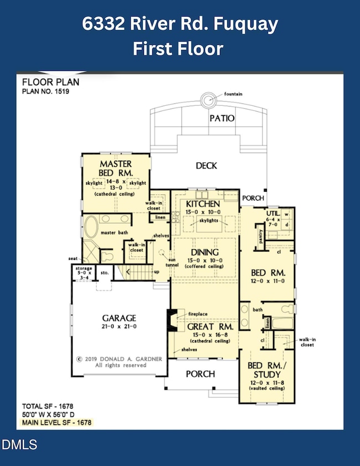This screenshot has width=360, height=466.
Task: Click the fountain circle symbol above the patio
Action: [210, 100]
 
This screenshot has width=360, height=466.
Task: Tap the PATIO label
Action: [222, 118]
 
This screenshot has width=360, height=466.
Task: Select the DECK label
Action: [206, 165]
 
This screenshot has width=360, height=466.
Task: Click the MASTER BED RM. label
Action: [115, 168]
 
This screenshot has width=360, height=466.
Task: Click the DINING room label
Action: [205, 252]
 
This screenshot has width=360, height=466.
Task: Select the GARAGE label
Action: [119, 318]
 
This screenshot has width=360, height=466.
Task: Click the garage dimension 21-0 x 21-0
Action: [119, 326]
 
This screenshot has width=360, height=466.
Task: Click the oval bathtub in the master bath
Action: [90, 228]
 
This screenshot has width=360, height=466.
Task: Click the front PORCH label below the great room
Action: [200, 373]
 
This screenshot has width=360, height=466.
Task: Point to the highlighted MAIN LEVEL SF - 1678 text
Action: [56, 422]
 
